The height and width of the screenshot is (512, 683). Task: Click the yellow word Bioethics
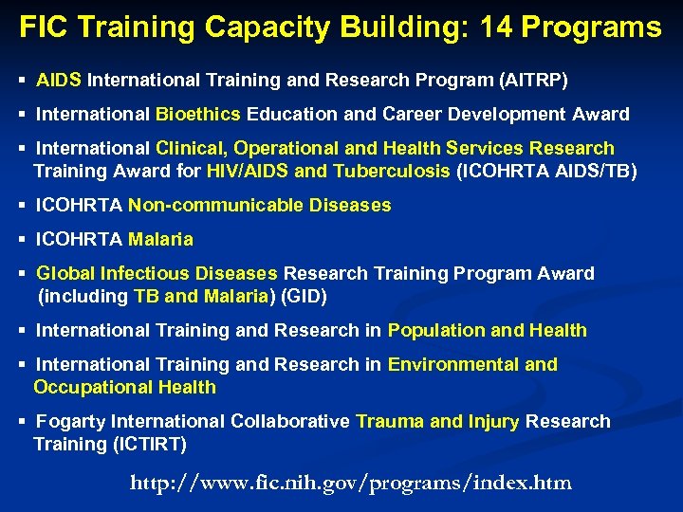click(198, 115)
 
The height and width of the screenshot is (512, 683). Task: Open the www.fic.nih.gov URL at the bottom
click(350, 483)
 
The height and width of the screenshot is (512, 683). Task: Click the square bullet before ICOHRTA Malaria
click(23, 240)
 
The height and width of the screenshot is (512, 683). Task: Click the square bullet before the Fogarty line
click(23, 422)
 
